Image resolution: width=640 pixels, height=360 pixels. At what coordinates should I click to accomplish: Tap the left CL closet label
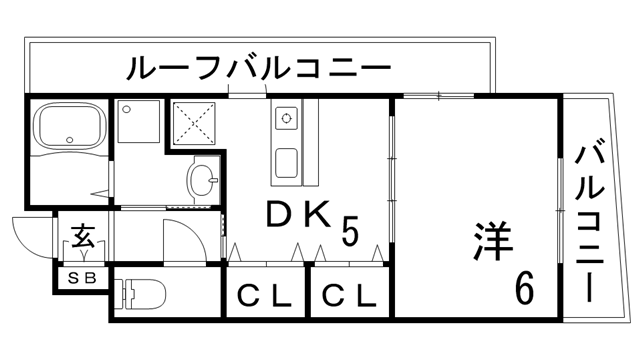pos(264,297)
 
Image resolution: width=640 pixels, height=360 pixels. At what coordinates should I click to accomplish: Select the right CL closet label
pos(349,297)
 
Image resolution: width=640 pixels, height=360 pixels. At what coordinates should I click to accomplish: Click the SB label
pos(81,279)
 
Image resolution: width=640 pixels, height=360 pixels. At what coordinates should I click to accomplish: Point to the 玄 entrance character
pos(82,240)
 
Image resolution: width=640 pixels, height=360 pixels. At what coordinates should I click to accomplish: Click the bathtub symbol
pos(64,129)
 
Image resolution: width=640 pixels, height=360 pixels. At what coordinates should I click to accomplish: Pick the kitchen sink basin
pos(284,159)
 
